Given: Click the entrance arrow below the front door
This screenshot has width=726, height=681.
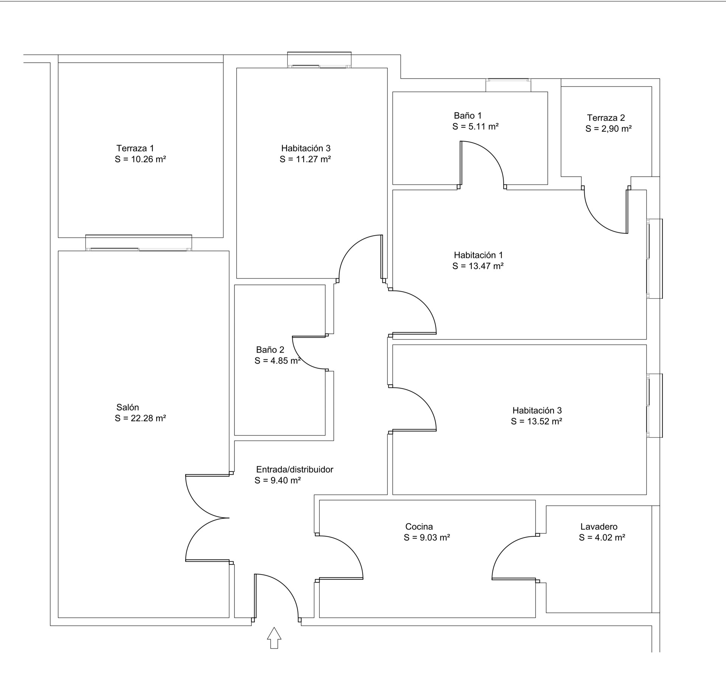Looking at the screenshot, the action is click(274, 638).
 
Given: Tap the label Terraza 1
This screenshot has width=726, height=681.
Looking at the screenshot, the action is click(135, 148).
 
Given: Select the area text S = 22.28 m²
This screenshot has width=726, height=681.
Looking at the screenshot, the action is click(140, 418).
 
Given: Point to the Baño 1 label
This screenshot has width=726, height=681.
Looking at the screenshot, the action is click(468, 116).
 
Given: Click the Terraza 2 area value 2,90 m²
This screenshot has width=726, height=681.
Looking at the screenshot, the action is click(616, 129).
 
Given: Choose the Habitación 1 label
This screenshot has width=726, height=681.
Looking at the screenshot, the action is click(478, 255).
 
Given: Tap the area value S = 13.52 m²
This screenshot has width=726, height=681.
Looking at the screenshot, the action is click(537, 421).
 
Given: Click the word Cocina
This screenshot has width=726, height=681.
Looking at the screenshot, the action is click(419, 527).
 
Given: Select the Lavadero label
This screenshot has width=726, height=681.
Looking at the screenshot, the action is click(599, 527).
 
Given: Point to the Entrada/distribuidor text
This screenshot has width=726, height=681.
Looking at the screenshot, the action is click(295, 469).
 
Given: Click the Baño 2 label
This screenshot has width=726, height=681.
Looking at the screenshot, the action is click(270, 350).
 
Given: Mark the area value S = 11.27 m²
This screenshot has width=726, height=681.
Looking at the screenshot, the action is click(305, 159).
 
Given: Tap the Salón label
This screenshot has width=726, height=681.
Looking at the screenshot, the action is click(127, 407).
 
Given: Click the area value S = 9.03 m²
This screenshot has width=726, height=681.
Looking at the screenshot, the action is click(427, 537).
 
